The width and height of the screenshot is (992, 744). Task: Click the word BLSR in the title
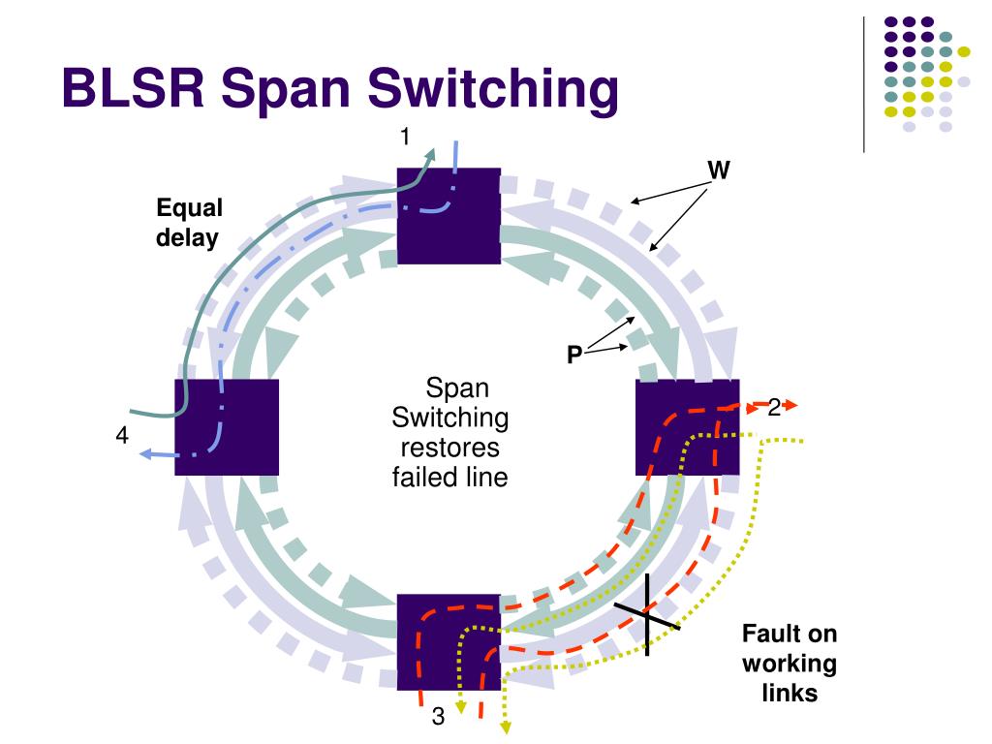click(134, 88)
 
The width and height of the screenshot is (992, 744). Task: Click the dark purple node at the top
click(449, 216)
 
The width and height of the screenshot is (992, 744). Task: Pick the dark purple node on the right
click(687, 427)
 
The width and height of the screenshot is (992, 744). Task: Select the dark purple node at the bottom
click(449, 642)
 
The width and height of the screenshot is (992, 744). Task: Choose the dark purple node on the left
click(227, 427)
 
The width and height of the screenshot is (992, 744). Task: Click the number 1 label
click(405, 136)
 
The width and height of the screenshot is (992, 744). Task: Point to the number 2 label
click(774, 408)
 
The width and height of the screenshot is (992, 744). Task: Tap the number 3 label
click(438, 716)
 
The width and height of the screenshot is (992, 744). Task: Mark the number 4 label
click(122, 435)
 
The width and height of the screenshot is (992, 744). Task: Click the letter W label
click(719, 170)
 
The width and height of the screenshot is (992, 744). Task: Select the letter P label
click(574, 355)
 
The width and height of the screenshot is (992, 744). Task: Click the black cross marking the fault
click(647, 614)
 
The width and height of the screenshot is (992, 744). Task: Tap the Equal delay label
click(189, 224)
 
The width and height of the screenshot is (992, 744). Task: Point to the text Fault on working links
click(790, 663)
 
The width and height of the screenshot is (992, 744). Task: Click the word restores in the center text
click(449, 448)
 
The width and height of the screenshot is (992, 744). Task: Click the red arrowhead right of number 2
click(790, 404)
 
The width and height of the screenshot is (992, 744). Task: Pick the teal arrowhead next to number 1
click(431, 155)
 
